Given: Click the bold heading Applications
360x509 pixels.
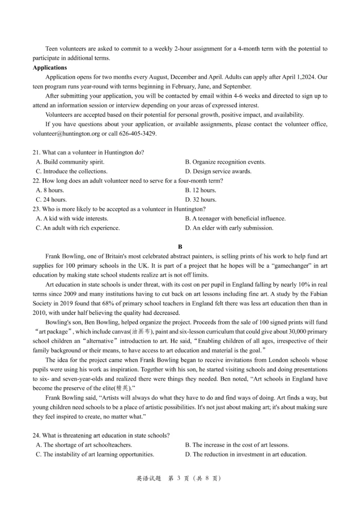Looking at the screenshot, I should click(x=49, y=68).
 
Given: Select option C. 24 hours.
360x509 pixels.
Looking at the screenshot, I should click(x=51, y=199).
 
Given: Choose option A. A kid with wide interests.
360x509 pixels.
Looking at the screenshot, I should click(x=72, y=218).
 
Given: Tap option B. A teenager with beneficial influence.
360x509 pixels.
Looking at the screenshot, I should click(x=235, y=218).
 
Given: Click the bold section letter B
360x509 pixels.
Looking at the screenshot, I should click(x=180, y=247).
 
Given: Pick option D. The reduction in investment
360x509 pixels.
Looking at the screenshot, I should click(x=246, y=454).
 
